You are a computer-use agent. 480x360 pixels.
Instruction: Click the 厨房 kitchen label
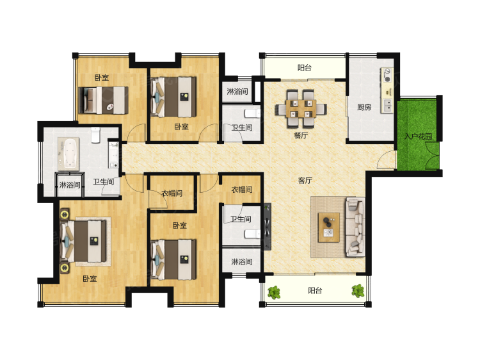pyautogui.click(x=364, y=107)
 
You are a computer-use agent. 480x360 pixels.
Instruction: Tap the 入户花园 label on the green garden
pyautogui.click(x=418, y=136)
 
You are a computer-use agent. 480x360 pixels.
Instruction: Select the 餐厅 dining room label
pyautogui.click(x=301, y=135)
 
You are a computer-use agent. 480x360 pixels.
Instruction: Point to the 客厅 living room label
pyautogui.click(x=305, y=181)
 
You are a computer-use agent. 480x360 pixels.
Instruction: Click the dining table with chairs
pyautogui.click(x=301, y=108)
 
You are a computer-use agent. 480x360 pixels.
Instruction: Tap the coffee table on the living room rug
pyautogui.click(x=329, y=227)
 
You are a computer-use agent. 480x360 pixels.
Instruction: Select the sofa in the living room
pyautogui.click(x=355, y=227)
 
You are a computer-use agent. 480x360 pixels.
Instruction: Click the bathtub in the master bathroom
pyautogui.click(x=68, y=154)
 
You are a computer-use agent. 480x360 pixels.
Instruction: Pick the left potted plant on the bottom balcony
pyautogui.click(x=274, y=292)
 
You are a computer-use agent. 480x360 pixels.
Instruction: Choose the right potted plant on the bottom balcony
pyautogui.click(x=358, y=291)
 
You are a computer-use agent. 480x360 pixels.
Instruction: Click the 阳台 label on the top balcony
pyautogui.click(x=304, y=67)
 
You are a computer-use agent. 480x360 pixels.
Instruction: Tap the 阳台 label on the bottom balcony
pyautogui.click(x=315, y=290)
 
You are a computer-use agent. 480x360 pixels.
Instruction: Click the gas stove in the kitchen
pyautogui.click(x=387, y=76)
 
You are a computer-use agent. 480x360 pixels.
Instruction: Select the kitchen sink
pyautogui.click(x=387, y=105)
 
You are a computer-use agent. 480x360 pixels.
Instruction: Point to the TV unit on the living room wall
pyautogui.click(x=268, y=227)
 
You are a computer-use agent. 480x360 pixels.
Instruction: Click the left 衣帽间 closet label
pyautogui.click(x=172, y=193)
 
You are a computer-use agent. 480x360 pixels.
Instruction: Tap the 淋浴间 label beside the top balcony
pyautogui.click(x=237, y=91)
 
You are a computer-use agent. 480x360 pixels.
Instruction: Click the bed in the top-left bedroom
pyautogui.click(x=104, y=101)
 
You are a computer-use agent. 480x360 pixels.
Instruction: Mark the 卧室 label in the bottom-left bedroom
pyautogui.click(x=90, y=279)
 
